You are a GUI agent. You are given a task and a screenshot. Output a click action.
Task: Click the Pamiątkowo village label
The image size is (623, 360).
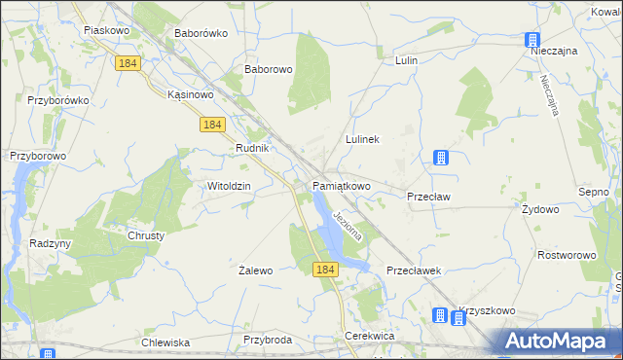pyautogui.click(x=342, y=185)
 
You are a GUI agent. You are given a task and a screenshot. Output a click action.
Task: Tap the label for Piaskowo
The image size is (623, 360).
pyautogui.click(x=107, y=30)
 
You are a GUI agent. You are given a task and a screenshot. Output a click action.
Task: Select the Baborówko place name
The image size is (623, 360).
pyautogui.click(x=201, y=32)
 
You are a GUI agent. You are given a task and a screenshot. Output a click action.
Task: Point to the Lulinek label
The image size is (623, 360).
pyautogui.click(x=361, y=139)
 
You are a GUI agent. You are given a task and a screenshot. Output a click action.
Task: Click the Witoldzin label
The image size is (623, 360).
pyautogui.click(x=230, y=185)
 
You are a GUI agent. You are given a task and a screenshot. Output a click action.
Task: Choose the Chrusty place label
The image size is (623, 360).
pyautogui.click(x=146, y=235)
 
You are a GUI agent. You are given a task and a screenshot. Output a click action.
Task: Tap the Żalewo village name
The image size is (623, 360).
pyautogui.click(x=256, y=270)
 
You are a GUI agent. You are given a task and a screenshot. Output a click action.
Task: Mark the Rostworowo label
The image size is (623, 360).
pyautogui.click(x=567, y=255)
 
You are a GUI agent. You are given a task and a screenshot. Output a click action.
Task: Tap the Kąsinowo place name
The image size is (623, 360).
pyautogui.click(x=190, y=94)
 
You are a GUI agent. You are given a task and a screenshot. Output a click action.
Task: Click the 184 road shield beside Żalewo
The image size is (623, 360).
pyautogui.click(x=325, y=269)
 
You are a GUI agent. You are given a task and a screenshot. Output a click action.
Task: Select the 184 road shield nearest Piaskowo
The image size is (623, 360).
pyautogui.click(x=127, y=62)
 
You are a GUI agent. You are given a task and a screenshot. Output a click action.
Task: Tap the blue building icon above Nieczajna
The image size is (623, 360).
pyautogui.click(x=532, y=40)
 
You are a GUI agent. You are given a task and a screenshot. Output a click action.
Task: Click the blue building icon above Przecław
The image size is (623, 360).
pyautogui.click(x=441, y=158)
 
